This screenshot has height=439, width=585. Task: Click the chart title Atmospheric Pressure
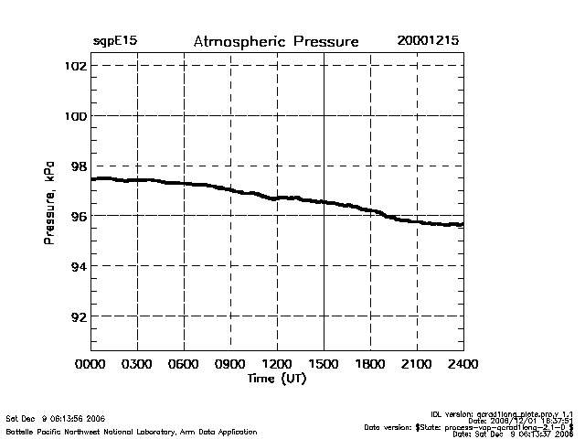276,42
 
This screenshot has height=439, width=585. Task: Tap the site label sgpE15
115,42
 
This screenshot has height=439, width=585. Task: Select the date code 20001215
428,42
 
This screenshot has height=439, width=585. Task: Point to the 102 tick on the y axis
75,67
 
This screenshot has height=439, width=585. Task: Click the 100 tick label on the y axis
75,116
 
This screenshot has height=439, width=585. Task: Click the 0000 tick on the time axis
91,363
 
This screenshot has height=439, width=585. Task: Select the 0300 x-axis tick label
137,363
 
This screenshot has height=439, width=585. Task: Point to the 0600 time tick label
184,363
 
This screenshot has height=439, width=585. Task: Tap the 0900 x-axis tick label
230,363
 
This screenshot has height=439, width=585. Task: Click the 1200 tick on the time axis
277,363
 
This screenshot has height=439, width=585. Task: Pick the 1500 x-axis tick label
324,363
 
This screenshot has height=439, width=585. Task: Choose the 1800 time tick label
370,363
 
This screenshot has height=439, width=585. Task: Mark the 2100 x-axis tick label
417,363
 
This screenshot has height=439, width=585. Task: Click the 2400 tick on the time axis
463,363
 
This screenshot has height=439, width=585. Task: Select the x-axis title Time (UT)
277,378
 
